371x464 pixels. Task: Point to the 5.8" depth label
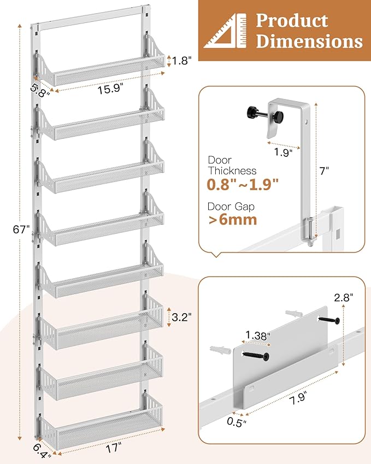point(40,90)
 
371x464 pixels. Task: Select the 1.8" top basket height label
point(182,61)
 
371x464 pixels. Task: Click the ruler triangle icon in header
point(225,32)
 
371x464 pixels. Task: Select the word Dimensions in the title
point(309,42)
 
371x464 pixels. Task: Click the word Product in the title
point(292,20)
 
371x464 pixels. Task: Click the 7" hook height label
point(325,171)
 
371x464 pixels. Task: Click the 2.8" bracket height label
point(345,297)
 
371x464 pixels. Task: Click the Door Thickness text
point(232,166)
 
